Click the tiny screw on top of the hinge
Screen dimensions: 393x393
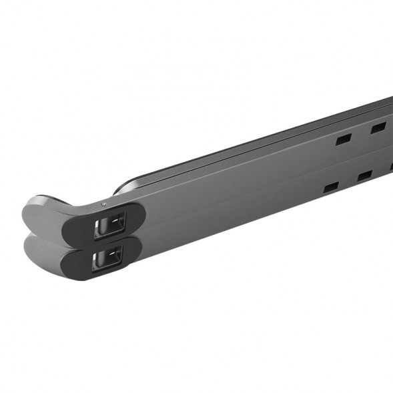point(102,204)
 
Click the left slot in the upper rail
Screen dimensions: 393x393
point(343,140)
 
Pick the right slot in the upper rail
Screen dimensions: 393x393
point(377,125)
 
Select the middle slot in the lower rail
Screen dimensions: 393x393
point(365,176)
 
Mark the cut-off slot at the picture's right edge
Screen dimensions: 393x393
point(390,166)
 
